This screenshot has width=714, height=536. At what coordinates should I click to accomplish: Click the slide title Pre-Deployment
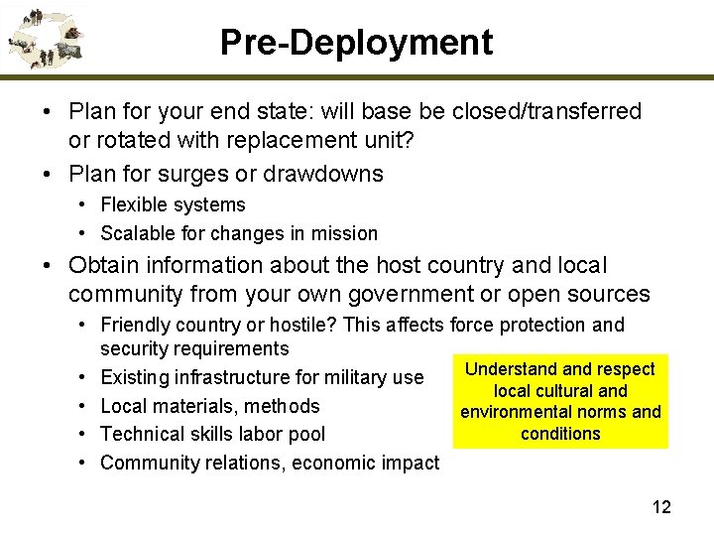(356, 43)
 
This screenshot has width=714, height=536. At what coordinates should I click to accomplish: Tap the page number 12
(660, 507)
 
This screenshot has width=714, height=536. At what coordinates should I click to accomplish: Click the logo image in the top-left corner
(45, 39)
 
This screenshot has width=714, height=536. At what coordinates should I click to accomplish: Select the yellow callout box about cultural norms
(560, 401)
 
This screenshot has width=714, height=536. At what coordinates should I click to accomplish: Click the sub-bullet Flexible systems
(173, 204)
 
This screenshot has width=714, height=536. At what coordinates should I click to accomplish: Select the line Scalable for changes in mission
(239, 233)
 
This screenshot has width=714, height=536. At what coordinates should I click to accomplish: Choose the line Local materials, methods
(210, 405)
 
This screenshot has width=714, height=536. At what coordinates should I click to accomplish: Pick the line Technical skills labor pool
(212, 434)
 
